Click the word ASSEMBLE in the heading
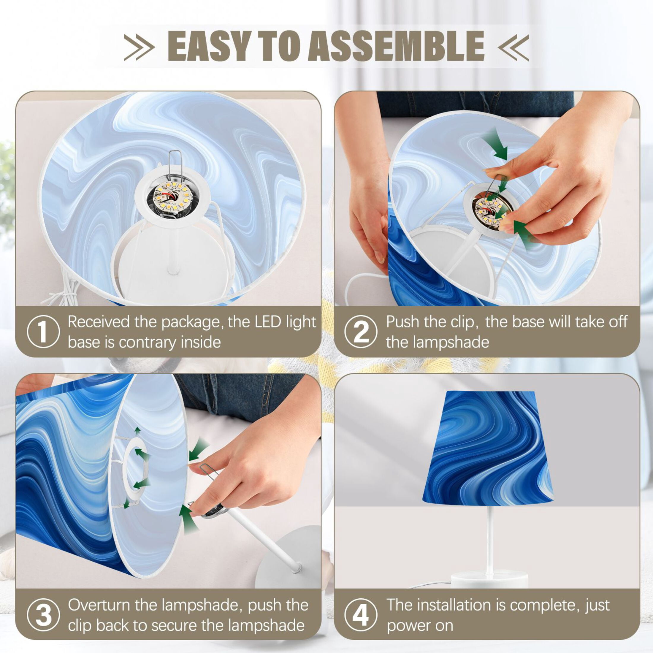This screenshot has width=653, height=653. click(x=396, y=46)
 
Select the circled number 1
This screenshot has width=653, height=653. click(x=43, y=332)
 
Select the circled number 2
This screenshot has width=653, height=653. click(x=361, y=332)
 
